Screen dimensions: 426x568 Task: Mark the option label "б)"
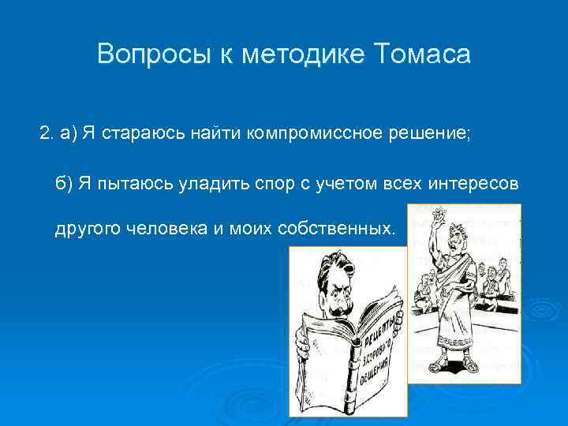(64, 184)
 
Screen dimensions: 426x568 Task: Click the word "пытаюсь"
(124, 184)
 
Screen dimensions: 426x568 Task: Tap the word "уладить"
(193, 184)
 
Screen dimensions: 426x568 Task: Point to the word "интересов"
(473, 184)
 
